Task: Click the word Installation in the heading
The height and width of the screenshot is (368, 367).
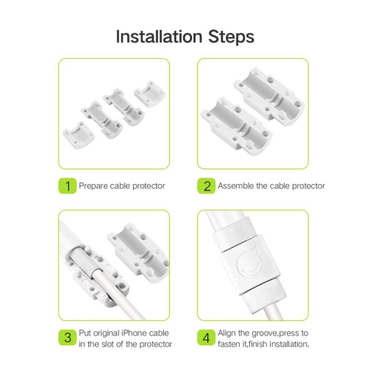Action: (159, 37)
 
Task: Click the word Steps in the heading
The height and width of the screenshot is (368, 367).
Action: (231, 38)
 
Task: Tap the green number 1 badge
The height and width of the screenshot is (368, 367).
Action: (68, 186)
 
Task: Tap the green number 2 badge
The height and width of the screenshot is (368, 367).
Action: (207, 186)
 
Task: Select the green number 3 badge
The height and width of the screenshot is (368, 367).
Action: (68, 338)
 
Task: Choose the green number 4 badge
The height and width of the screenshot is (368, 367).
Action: (207, 338)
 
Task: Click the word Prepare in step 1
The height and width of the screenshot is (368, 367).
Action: (93, 186)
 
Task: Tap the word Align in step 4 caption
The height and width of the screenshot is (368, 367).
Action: (227, 333)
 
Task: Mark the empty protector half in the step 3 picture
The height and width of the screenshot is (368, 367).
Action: (138, 252)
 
